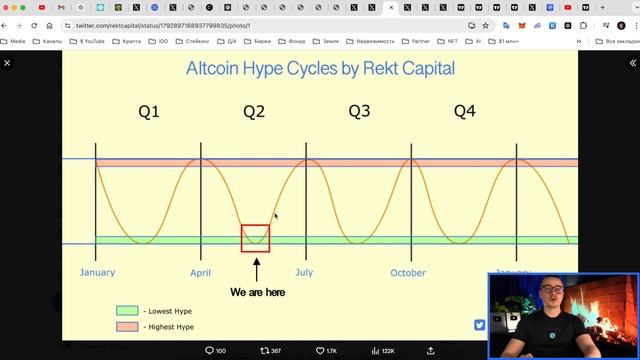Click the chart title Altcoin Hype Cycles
(x=320, y=68)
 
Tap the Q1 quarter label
(x=148, y=112)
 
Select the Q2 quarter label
(x=254, y=112)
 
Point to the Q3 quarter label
(x=359, y=111)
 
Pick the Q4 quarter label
(x=464, y=112)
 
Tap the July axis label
(x=304, y=272)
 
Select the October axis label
(x=408, y=272)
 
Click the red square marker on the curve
(x=255, y=238)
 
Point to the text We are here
(x=257, y=293)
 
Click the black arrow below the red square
(x=256, y=269)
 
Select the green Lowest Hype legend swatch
(x=126, y=311)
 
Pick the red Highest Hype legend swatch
(x=126, y=326)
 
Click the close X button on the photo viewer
(x=7, y=63)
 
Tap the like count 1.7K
(x=326, y=351)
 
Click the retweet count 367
(x=270, y=351)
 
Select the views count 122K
(x=382, y=351)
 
